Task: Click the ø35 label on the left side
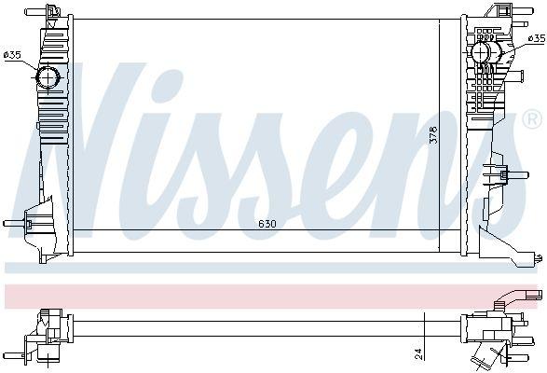tap(12, 56)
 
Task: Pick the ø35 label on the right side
tap(536, 38)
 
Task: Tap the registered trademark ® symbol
tap(531, 120)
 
